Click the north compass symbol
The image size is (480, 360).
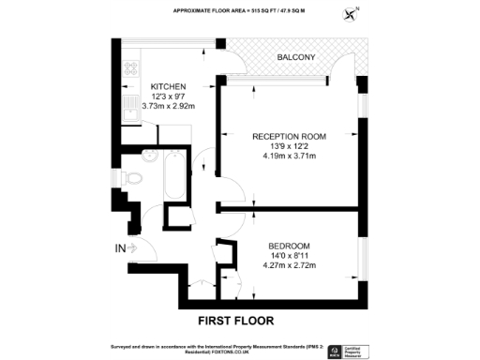click(x=352, y=13)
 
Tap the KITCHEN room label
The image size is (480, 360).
click(x=156, y=86)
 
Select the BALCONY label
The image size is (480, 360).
click(x=296, y=58)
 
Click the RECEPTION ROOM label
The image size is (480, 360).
click(x=289, y=137)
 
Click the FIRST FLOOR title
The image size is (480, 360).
click(x=235, y=320)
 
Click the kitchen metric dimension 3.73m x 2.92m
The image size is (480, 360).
click(x=156, y=106)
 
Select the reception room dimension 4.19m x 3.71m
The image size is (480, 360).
click(x=289, y=157)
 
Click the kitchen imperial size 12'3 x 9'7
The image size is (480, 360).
click(x=156, y=97)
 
